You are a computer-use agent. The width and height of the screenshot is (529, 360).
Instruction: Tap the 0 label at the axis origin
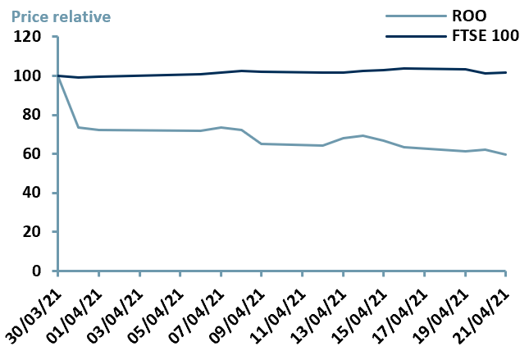[x=36, y=271]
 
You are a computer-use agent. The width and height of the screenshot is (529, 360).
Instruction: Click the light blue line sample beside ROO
[x=410, y=15]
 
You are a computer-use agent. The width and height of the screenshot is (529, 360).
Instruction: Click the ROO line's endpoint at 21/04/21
[x=505, y=154]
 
